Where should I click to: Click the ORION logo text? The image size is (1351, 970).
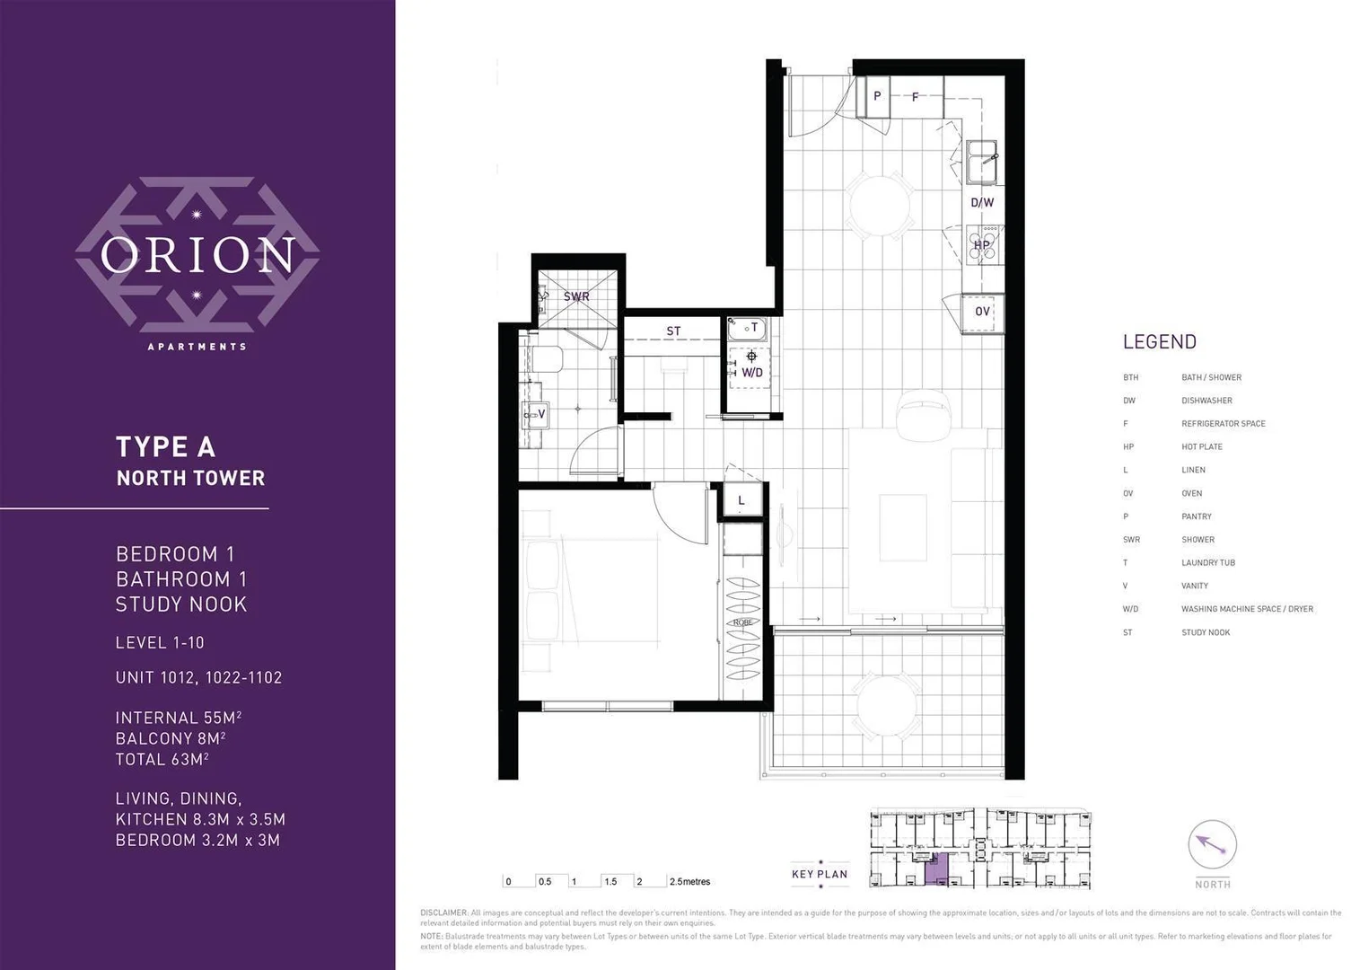pos(197,255)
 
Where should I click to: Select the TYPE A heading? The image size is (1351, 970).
pos(165,447)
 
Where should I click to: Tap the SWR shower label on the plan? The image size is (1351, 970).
pos(576,296)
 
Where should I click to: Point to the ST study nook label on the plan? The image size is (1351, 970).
pos(673,331)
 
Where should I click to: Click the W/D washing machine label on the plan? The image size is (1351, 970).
pos(751,372)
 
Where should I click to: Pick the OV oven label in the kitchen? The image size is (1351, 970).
pos(982,312)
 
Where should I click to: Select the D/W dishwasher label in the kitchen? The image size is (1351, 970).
pos(982,203)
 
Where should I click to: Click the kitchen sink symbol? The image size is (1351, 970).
pos(982,161)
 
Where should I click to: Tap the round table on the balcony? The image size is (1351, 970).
pos(887,705)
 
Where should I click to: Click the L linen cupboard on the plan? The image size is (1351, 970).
pos(741,501)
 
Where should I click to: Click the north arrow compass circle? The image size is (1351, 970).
pos(1212,845)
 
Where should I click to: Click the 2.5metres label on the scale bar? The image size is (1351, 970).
pos(689,882)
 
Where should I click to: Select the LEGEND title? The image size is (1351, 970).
pos(1159,342)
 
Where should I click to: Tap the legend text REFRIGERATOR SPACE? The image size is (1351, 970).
pos(1223,424)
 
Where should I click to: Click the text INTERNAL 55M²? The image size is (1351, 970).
pos(179,718)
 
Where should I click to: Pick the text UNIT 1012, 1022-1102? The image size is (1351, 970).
pos(198,678)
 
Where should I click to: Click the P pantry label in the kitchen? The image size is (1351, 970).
pos(877,96)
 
